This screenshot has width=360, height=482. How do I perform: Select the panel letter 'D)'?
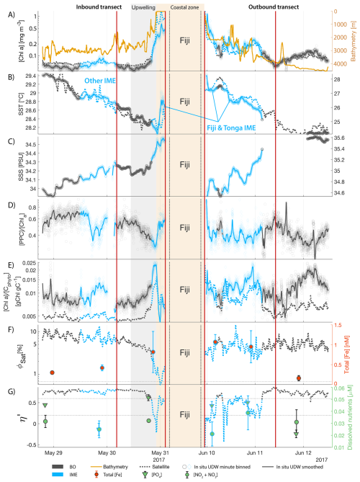pyautogui.click(x=7, y=205)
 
